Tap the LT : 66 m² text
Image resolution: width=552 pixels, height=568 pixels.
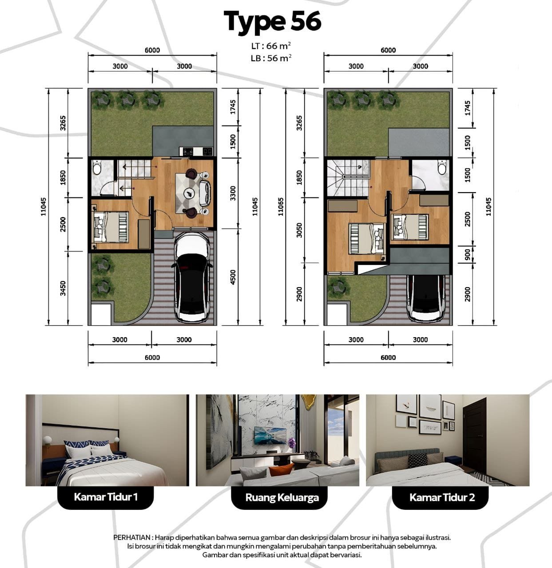tap(271, 46)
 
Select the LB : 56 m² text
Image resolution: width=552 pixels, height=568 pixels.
tap(271, 58)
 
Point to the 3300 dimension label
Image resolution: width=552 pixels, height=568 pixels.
tap(233, 193)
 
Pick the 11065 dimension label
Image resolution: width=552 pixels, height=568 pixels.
tap(281, 207)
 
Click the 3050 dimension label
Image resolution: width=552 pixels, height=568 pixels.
tap(299, 230)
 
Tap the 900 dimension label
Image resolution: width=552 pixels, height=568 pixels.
tap(468, 254)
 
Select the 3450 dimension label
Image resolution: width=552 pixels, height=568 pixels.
tap(63, 288)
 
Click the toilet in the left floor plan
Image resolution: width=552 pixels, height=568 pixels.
tap(97, 168)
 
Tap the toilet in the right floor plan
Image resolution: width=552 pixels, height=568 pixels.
tap(442, 167)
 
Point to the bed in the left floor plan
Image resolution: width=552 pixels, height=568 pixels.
tap(111, 227)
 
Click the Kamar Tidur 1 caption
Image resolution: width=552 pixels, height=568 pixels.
tap(106, 497)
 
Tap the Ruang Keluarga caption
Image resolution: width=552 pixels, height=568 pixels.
tap(282, 497)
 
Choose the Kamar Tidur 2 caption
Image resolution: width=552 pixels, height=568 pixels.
tap(442, 497)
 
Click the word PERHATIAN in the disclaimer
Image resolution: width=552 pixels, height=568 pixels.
tap(132, 537)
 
